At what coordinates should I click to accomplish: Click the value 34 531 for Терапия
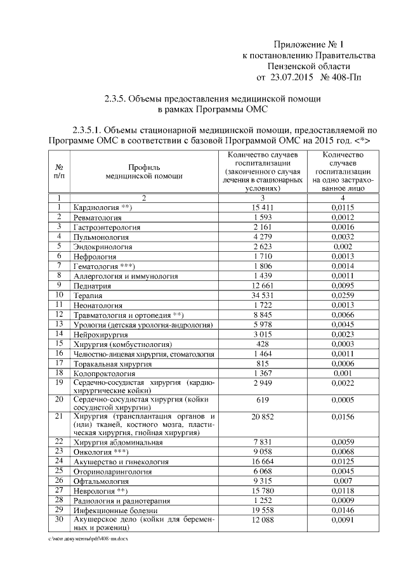(x=262, y=296)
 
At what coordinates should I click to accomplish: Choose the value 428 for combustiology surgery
(x=262, y=344)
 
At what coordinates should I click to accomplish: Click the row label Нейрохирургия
(x=101, y=334)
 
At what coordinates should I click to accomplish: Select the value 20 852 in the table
(x=262, y=416)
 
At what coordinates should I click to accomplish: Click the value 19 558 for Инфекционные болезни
(x=262, y=510)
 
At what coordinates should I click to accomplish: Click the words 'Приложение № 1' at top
(x=308, y=44)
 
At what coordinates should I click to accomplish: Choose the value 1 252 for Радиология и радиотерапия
(x=262, y=500)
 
